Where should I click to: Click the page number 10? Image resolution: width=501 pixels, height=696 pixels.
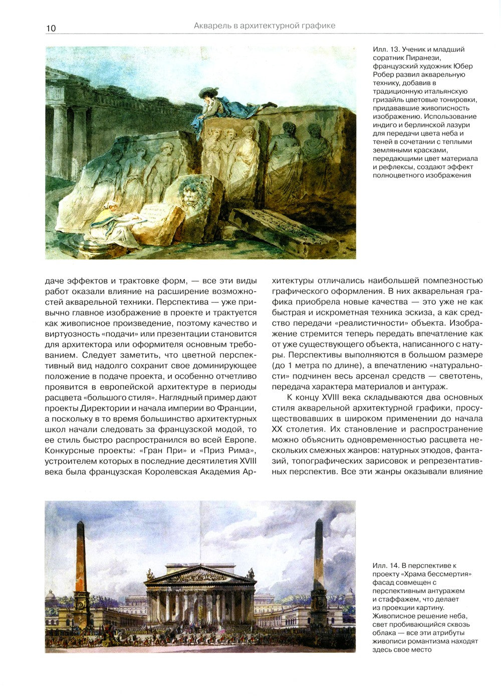(51, 28)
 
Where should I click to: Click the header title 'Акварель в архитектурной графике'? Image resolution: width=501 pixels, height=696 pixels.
(264, 25)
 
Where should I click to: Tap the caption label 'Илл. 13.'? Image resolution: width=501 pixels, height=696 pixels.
(388, 49)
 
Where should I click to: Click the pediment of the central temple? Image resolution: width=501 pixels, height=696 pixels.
(199, 575)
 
